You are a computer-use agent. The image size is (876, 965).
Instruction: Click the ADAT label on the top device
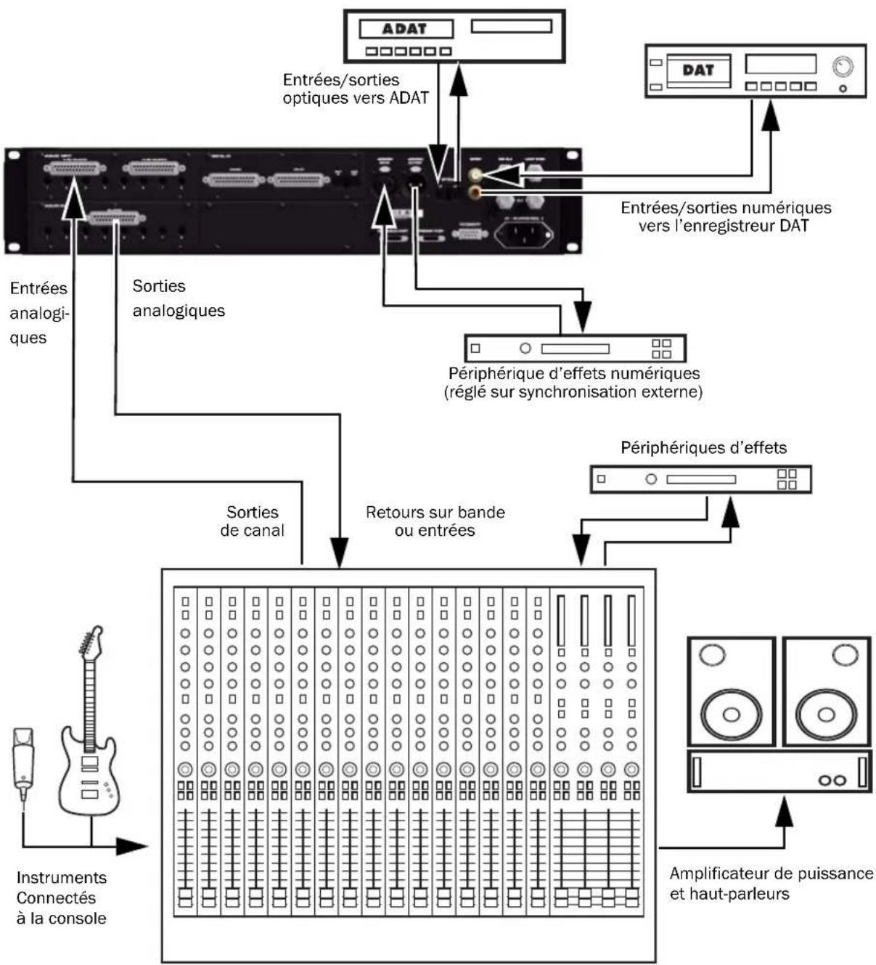(405, 29)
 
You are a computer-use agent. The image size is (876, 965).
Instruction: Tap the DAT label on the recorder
(697, 70)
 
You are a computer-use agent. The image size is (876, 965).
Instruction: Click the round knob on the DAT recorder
(842, 68)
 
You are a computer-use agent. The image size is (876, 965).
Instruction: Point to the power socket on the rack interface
(523, 234)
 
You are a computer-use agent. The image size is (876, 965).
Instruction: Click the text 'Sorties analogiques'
(178, 298)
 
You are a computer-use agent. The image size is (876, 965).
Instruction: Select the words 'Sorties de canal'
(252, 521)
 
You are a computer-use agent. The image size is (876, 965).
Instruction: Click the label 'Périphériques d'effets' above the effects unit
(703, 447)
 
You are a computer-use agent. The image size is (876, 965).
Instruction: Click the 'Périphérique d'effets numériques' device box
(575, 349)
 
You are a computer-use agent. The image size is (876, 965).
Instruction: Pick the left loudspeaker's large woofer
(731, 714)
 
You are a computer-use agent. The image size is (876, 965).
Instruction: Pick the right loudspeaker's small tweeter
(845, 655)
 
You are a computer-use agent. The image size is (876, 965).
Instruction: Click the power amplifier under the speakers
(778, 771)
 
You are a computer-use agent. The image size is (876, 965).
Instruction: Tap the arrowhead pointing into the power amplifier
(784, 810)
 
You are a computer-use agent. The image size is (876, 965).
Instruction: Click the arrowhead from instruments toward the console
(132, 846)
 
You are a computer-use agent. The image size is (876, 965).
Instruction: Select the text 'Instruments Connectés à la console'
(61, 897)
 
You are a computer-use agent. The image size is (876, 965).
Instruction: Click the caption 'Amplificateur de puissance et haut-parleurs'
(770, 883)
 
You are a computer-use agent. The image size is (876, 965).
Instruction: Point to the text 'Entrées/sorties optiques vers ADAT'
(355, 89)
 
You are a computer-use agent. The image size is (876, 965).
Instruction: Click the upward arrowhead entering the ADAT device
(458, 80)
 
